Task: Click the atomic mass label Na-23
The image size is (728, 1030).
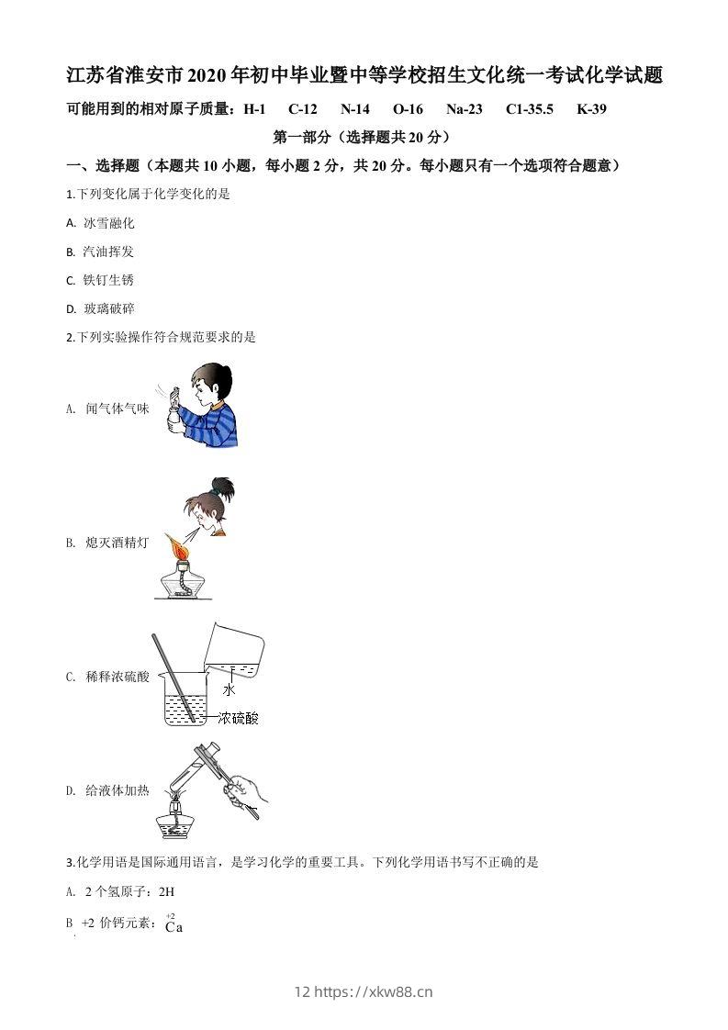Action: (x=465, y=109)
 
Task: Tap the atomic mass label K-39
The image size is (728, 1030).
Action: (x=592, y=109)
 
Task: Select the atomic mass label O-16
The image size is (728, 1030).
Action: (x=408, y=109)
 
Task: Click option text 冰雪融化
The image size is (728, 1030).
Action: (x=109, y=223)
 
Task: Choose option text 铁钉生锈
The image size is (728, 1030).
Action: (x=109, y=280)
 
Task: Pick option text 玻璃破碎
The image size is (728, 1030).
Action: (x=109, y=308)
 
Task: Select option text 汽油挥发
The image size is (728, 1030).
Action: (x=109, y=252)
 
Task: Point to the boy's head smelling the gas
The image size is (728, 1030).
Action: (x=214, y=385)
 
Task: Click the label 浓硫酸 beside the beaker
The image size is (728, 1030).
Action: (x=239, y=718)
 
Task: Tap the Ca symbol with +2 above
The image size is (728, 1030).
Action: (x=174, y=927)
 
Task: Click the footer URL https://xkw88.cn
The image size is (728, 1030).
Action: (x=374, y=991)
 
